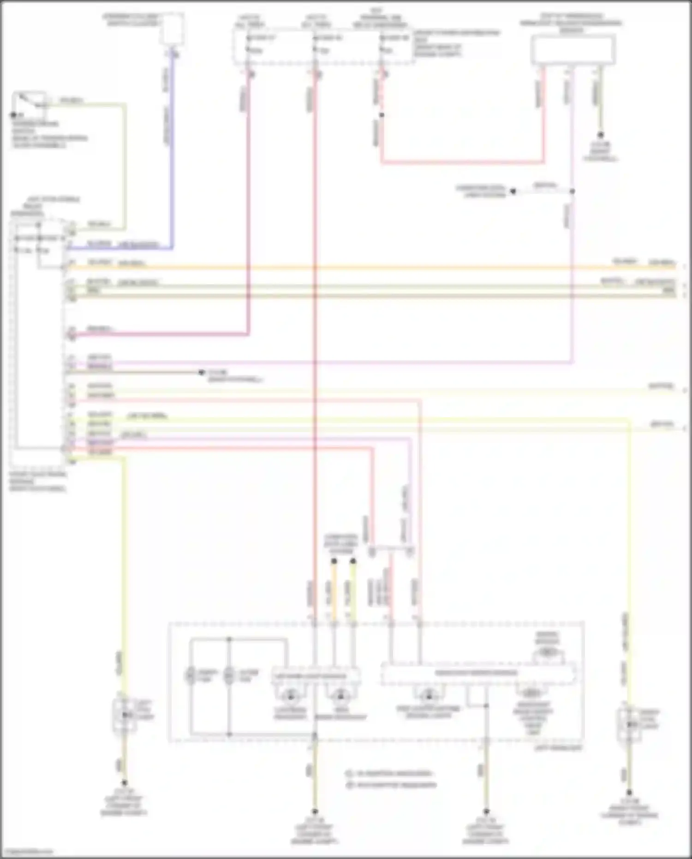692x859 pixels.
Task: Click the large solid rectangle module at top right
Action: (573, 50)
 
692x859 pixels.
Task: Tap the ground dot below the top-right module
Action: (600, 135)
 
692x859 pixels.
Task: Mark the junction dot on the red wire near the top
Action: (382, 114)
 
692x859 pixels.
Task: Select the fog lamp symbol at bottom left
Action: (124, 715)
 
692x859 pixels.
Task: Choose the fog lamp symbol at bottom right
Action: (629, 724)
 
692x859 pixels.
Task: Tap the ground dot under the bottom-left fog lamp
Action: (124, 783)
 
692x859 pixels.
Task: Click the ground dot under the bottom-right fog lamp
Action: (629, 792)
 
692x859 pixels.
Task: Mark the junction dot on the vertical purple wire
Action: (572, 191)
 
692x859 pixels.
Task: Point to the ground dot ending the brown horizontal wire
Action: (201, 372)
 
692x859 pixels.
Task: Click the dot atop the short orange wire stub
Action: (334, 561)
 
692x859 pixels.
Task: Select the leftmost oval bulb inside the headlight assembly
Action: (190, 676)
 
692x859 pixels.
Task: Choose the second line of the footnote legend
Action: (391, 785)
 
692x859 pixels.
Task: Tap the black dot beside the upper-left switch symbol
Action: (13, 115)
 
